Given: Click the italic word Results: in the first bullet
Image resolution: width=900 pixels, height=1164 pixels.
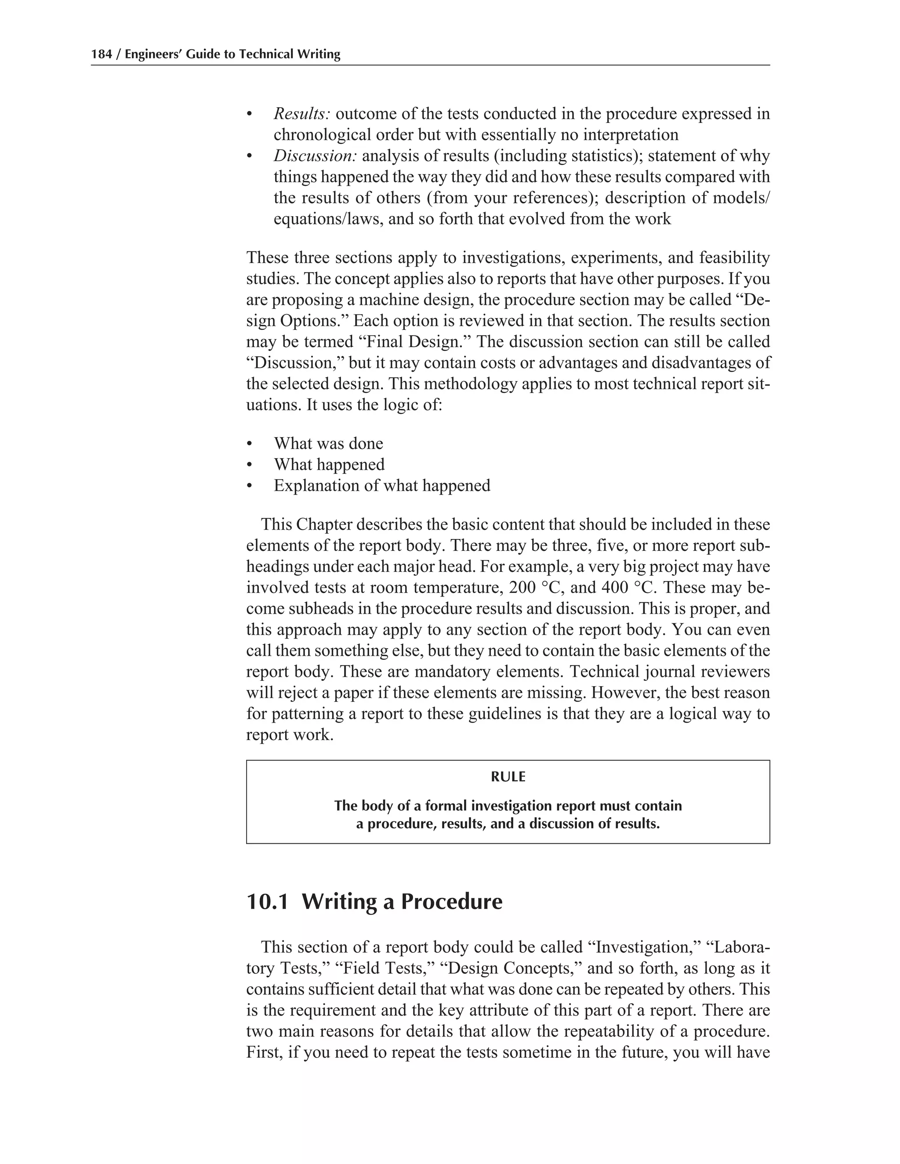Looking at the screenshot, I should [302, 114].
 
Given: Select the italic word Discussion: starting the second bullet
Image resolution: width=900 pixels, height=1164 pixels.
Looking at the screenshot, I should [315, 156].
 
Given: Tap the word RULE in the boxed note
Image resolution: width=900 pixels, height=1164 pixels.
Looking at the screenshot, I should [508, 777].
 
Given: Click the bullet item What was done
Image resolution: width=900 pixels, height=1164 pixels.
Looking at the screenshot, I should [328, 444].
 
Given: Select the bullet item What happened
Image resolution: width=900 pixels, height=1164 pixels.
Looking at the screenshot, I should [329, 465].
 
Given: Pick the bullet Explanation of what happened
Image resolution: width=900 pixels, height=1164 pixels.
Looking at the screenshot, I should [382, 485].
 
